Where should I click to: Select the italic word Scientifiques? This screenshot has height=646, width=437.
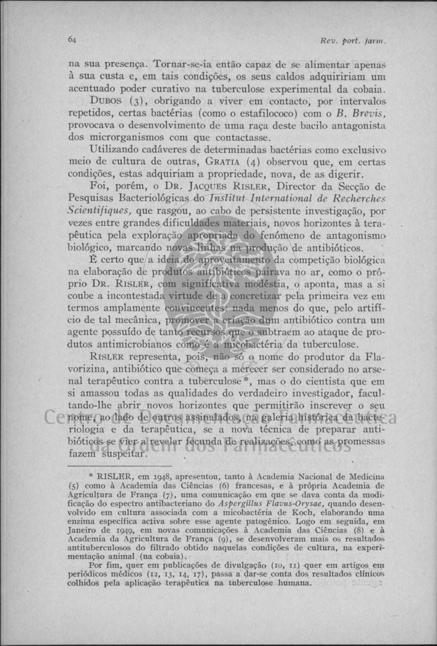[95, 211]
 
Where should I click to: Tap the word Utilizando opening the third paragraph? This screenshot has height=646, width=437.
[117, 149]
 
